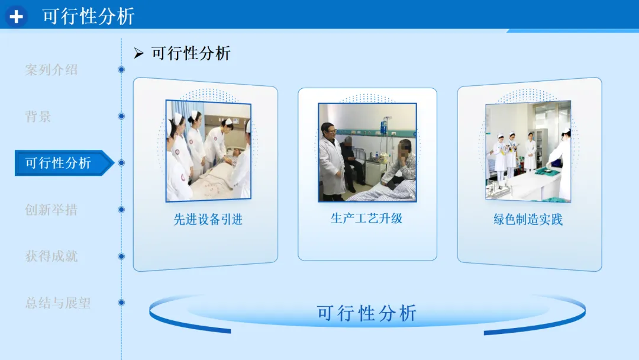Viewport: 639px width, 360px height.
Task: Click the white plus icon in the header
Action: (x=17, y=17)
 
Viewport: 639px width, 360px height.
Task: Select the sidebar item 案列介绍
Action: (x=51, y=70)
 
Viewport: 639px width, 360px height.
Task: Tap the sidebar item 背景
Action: (x=38, y=117)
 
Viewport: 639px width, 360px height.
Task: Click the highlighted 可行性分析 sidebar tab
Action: (x=58, y=163)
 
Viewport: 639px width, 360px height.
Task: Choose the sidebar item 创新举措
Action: (x=51, y=210)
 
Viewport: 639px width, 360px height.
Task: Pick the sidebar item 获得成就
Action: (x=51, y=256)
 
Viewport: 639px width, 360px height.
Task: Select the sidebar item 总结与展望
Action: (x=58, y=303)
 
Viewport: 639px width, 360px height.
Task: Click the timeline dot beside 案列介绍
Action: (x=121, y=70)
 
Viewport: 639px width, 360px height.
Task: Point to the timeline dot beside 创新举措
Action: (x=121, y=210)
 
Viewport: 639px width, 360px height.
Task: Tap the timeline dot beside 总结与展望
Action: (x=121, y=303)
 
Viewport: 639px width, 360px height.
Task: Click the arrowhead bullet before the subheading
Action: (x=138, y=53)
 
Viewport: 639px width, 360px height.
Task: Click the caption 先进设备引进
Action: (x=208, y=220)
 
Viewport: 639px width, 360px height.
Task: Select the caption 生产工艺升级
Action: (x=367, y=218)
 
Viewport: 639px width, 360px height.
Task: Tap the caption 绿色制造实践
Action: (x=528, y=220)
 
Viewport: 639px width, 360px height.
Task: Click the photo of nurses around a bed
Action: (x=208, y=151)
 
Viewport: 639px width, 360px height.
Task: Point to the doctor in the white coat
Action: (x=332, y=162)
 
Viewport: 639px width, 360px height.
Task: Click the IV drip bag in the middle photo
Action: (x=384, y=126)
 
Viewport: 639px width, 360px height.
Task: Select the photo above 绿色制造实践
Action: (x=528, y=151)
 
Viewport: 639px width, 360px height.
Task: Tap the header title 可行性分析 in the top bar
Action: (x=88, y=17)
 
